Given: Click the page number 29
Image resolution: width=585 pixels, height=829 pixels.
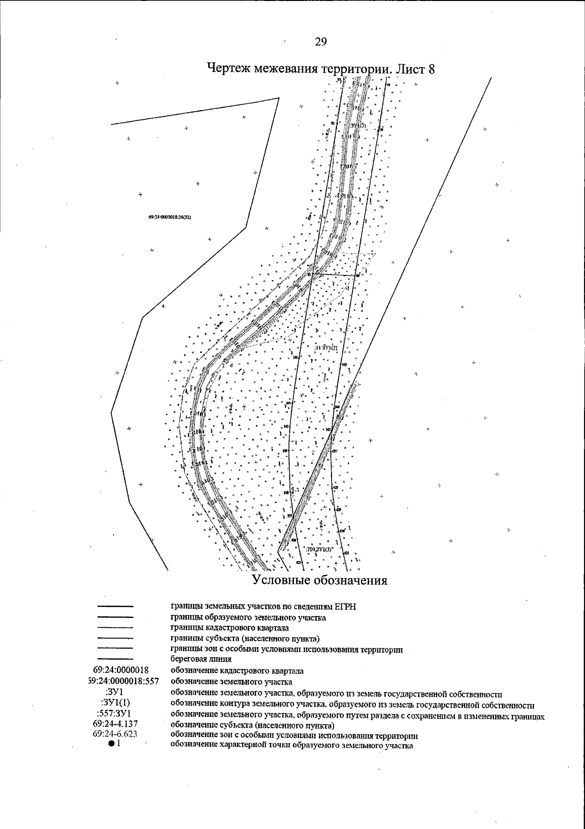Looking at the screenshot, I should click(x=320, y=42).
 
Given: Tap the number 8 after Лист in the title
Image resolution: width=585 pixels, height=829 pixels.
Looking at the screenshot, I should click(x=431, y=69).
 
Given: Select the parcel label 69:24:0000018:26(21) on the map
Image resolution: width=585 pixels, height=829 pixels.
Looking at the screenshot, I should click(x=169, y=217).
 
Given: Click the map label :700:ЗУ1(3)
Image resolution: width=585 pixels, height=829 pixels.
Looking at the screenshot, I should click(x=320, y=549).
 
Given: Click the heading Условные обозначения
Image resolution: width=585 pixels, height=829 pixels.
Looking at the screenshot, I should click(x=319, y=580).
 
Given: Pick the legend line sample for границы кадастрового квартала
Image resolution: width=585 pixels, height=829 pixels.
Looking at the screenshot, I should click(x=116, y=628).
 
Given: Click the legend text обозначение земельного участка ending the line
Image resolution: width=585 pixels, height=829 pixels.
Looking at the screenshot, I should click(x=231, y=681).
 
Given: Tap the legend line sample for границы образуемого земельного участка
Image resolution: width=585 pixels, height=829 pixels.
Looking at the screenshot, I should click(x=116, y=617).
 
